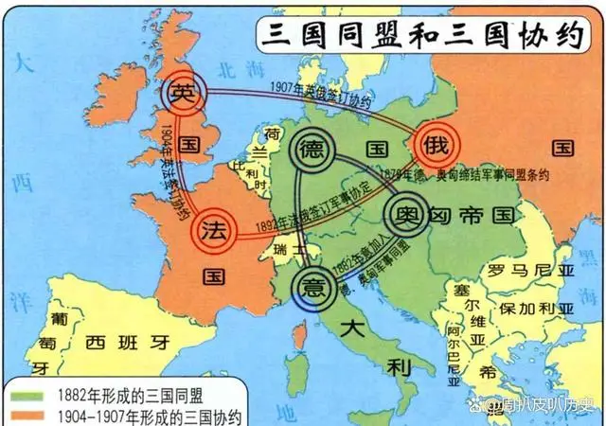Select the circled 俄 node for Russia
(437, 144)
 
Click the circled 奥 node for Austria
(405, 212)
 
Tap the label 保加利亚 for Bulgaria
(531, 309)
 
